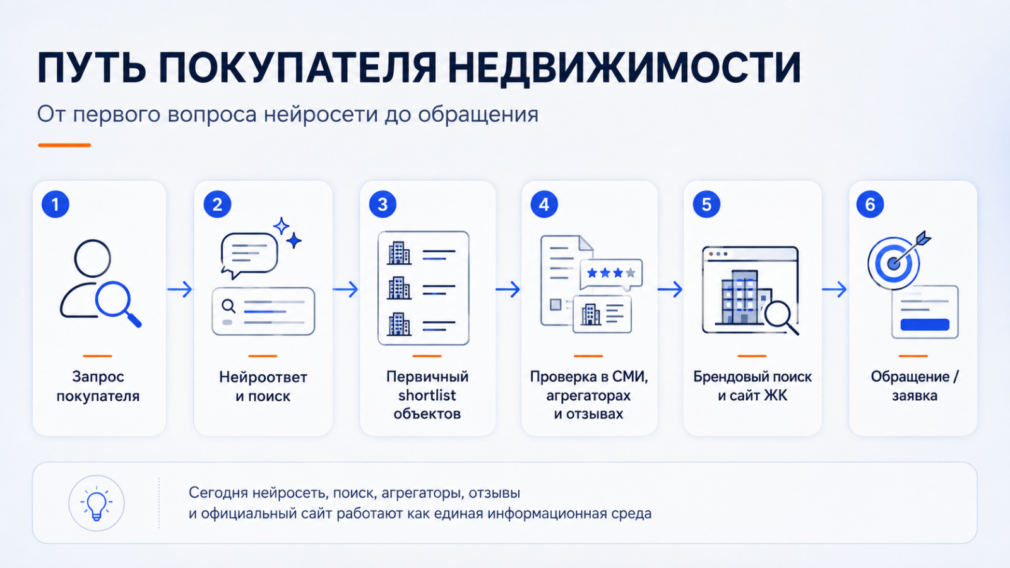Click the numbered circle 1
56,204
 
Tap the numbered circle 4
544,204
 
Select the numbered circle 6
870,204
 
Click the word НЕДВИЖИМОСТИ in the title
624,68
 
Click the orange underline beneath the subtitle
64,145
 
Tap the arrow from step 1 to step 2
180,289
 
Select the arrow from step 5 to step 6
834,289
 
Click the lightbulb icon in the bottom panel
96,503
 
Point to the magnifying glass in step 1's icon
117,304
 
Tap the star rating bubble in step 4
611,274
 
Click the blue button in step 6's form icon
925,324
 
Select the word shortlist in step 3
427,395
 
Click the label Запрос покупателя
98,386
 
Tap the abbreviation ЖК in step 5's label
775,395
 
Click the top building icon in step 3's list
399,252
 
